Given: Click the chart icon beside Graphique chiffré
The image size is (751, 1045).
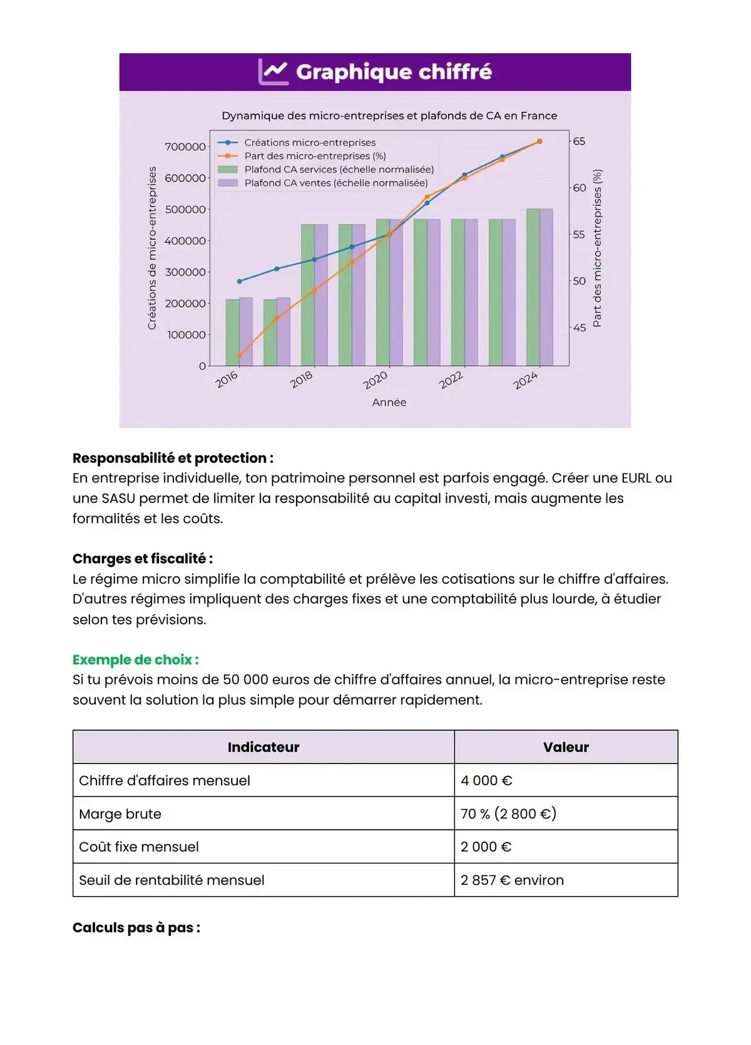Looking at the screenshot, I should [273, 72].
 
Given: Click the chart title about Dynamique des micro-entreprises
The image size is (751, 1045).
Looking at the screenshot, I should [389, 116].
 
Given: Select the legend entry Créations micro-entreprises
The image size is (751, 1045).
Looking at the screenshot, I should [310, 143].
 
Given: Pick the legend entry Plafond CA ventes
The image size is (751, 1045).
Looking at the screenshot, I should [335, 183].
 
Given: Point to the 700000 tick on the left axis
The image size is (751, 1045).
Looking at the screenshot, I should [185, 147].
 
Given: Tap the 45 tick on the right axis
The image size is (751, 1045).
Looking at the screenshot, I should [580, 327].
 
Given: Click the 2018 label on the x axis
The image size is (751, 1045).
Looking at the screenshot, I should [302, 380].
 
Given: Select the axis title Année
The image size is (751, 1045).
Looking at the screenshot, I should [389, 402].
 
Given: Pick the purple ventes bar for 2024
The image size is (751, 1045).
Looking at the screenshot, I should [546, 288].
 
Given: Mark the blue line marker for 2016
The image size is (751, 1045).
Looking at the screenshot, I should [239, 281].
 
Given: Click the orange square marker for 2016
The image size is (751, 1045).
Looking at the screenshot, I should [239, 355].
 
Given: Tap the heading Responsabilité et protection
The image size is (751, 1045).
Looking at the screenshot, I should [173, 458].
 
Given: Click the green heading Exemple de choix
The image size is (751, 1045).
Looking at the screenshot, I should [135, 660].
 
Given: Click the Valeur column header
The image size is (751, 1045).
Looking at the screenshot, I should [566, 747].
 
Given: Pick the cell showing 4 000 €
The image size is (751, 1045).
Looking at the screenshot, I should [486, 780].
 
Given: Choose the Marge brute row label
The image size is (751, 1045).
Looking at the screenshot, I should [120, 814].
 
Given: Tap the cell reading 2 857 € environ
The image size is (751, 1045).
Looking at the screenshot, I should [512, 880].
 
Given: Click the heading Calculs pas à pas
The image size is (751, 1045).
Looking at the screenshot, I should [136, 927].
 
